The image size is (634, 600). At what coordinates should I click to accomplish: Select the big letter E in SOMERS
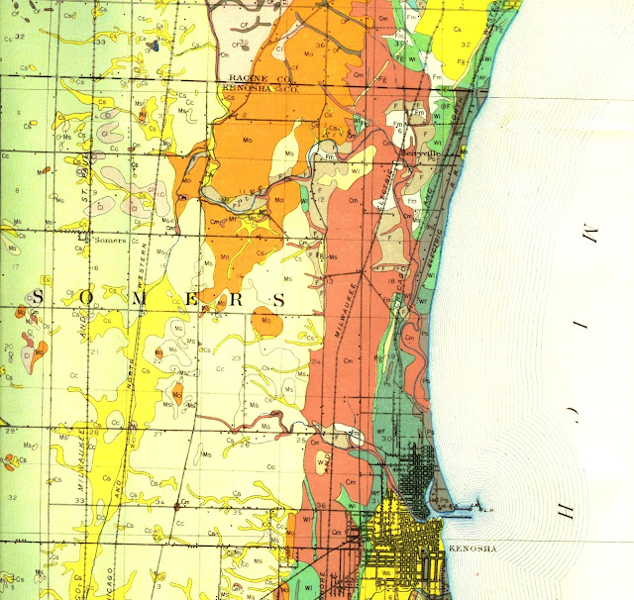[182, 298]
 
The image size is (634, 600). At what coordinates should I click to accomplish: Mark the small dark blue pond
[156, 44]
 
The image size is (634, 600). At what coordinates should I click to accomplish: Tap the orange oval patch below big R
[264, 320]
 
